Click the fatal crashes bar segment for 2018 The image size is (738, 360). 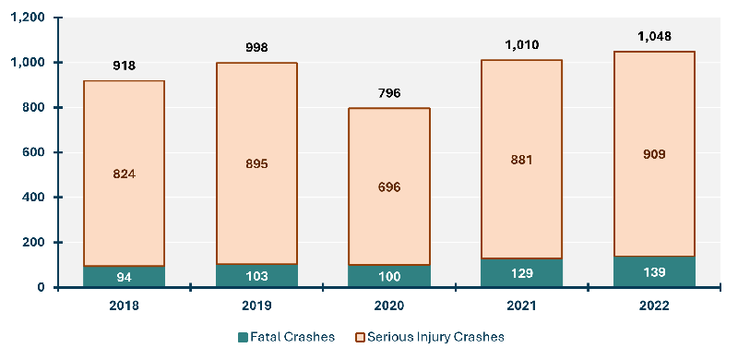click(124, 276)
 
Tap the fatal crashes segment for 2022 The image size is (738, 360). click(654, 271)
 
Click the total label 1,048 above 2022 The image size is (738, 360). click(654, 37)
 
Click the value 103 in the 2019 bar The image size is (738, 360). click(256, 277)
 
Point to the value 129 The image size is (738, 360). click(521, 274)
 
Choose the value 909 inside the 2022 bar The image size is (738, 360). click(654, 154)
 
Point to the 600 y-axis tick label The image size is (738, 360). click(34, 152)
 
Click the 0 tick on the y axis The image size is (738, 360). click(42, 287)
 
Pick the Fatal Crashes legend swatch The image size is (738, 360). click(244, 336)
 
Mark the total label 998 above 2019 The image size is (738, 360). click(256, 48)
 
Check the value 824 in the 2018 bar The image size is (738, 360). click(124, 174)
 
